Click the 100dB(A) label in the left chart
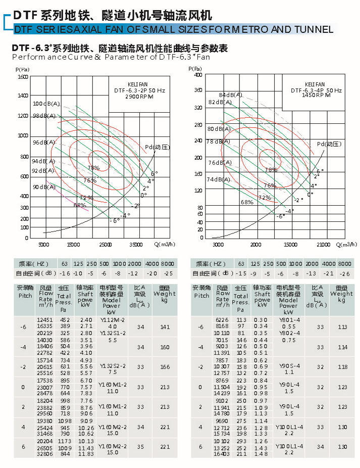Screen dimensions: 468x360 tap(46, 104)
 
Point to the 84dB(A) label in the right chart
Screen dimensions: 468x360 tap(231, 95)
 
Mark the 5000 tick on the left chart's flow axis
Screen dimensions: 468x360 tap(44, 245)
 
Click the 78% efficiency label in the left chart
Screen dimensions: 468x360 tap(93, 168)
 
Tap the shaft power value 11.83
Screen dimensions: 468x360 tap(86, 454)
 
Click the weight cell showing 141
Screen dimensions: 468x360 tap(165, 327)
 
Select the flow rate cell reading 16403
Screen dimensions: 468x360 tap(222, 454)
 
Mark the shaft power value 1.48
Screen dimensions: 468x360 tap(261, 454)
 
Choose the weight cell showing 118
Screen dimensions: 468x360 tap(342, 367)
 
